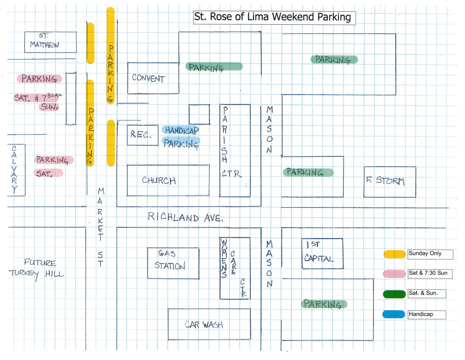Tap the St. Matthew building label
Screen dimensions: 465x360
(45, 41)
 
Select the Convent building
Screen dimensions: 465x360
(153, 78)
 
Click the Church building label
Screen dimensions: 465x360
(159, 180)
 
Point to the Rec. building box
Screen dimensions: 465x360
(142, 135)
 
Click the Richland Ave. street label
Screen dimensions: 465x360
(185, 217)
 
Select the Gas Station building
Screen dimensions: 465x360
(173, 263)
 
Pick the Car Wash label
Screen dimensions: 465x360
(204, 325)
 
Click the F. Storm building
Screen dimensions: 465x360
(390, 182)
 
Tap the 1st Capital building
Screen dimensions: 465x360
(322, 254)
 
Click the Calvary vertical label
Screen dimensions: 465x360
(14, 169)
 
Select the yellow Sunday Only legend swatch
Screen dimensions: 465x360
(394, 254)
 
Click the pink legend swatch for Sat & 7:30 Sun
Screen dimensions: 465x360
(394, 274)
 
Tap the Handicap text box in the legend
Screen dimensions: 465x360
(427, 315)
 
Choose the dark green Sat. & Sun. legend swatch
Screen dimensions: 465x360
(394, 294)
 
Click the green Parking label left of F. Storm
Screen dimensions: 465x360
(308, 172)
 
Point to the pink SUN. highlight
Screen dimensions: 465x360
(49, 107)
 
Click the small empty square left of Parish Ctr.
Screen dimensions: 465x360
(199, 114)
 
